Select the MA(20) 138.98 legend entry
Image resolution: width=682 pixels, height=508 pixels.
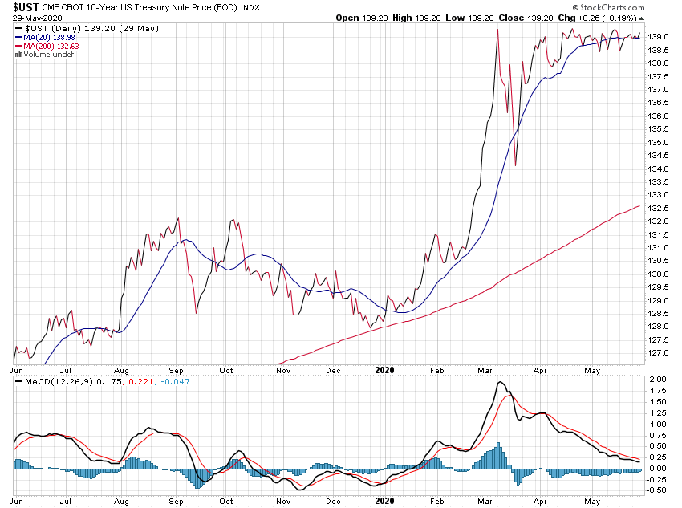point(44,38)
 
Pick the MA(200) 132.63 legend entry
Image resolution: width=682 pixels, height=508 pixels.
point(47,46)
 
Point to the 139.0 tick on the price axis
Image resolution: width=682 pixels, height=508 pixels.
point(658,37)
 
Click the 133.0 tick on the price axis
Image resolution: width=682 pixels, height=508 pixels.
point(658,194)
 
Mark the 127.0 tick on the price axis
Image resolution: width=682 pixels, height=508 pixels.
point(658,353)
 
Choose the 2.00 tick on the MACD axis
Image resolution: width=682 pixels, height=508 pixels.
point(657,379)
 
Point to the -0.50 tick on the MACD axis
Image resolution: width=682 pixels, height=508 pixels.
point(656,490)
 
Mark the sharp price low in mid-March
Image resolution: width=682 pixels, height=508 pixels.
point(515,165)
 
